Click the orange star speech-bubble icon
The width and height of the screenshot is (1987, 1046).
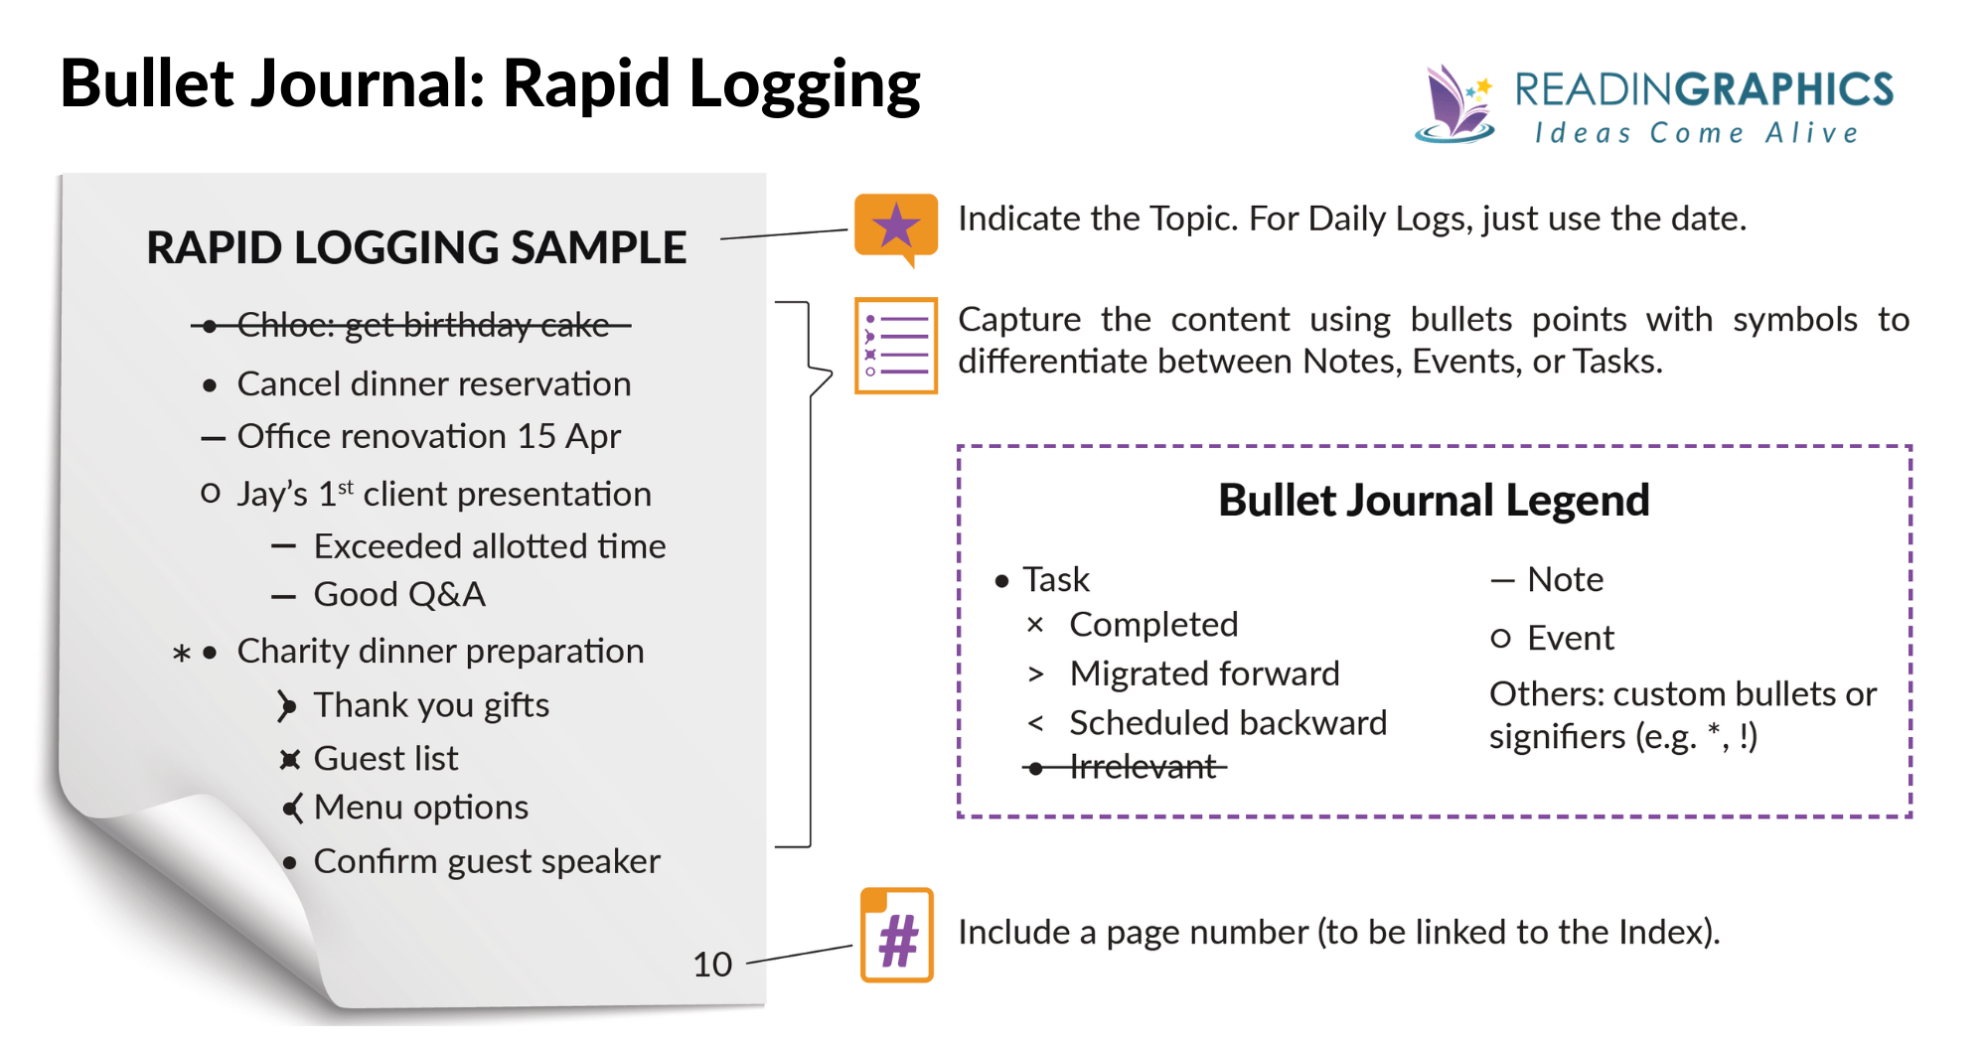(x=895, y=227)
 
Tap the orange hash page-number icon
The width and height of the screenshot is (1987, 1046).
(x=896, y=936)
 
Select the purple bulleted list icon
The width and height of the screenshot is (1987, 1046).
(x=895, y=345)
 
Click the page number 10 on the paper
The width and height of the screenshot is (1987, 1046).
(x=711, y=965)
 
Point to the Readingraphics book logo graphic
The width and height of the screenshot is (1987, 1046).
(x=1454, y=104)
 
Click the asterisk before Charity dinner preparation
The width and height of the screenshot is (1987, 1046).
(x=181, y=654)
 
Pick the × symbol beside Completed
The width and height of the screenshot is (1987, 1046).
(x=1035, y=625)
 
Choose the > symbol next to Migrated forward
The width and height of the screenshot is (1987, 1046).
(x=1035, y=674)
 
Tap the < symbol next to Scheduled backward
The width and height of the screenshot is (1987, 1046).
(x=1035, y=723)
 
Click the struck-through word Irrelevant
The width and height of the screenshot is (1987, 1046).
(x=1143, y=767)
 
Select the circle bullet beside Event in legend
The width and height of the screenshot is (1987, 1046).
(x=1500, y=638)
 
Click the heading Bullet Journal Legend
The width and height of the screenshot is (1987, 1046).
(x=1433, y=500)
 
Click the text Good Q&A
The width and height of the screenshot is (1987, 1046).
(x=398, y=594)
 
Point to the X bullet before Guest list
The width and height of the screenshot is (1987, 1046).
(x=289, y=760)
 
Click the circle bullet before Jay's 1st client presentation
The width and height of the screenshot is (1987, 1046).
(x=210, y=493)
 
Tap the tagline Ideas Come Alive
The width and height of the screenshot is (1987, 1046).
(x=1695, y=133)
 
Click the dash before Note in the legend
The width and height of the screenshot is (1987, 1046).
(x=1501, y=580)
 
